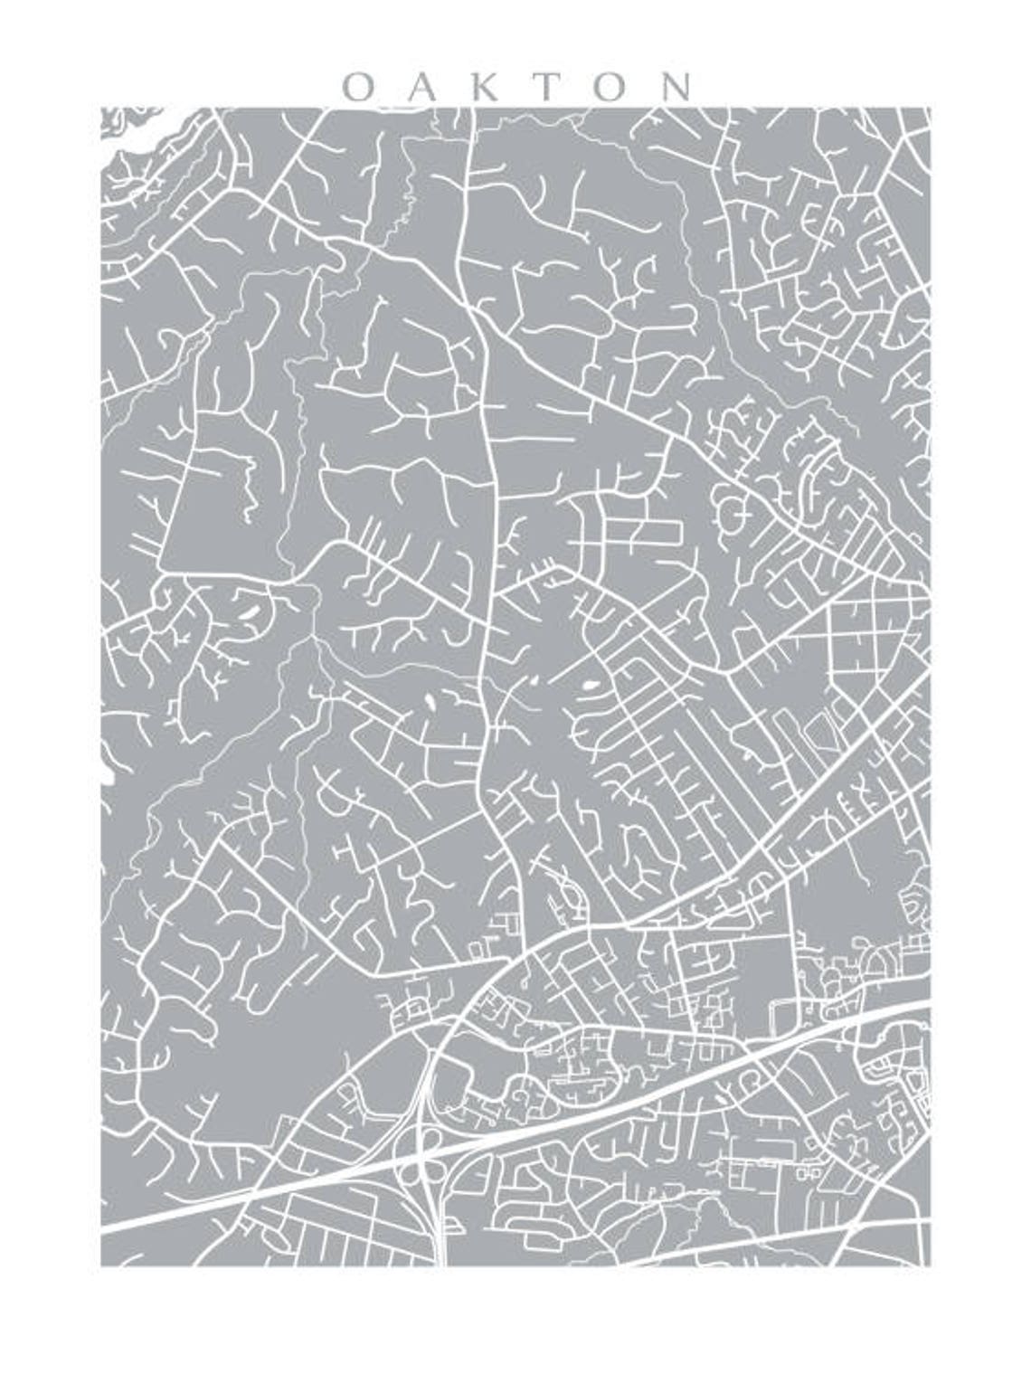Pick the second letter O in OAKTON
612,87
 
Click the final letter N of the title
676,87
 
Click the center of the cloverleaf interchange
425,1159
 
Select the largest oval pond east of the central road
592,687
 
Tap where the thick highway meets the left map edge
104,1232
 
